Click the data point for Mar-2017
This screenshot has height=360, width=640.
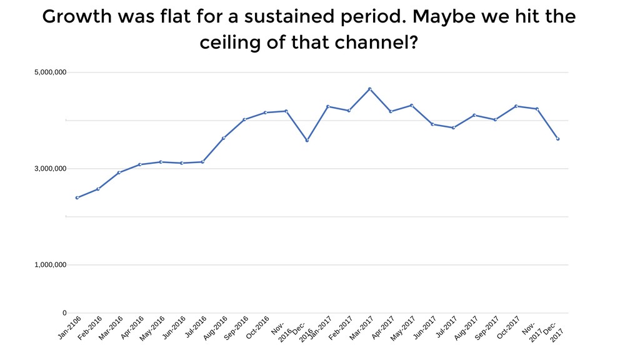click(370, 89)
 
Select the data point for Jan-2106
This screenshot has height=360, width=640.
click(77, 197)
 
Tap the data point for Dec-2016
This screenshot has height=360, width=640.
click(307, 141)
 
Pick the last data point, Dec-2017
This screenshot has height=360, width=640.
click(557, 139)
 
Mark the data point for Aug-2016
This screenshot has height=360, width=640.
click(223, 138)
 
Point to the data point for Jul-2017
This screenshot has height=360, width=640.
click(454, 127)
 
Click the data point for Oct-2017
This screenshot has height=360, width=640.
click(516, 106)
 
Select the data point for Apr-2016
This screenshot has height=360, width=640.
click(139, 164)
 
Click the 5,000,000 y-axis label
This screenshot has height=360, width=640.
click(50, 72)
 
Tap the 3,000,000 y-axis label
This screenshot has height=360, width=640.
click(50, 169)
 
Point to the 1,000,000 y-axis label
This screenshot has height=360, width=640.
click(50, 265)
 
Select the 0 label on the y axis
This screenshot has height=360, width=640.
click(64, 313)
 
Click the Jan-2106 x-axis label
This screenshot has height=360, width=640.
click(69, 327)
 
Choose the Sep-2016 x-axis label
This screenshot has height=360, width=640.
click(236, 327)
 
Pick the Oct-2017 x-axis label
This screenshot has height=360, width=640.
click(508, 327)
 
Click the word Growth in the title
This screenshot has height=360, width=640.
click(77, 17)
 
